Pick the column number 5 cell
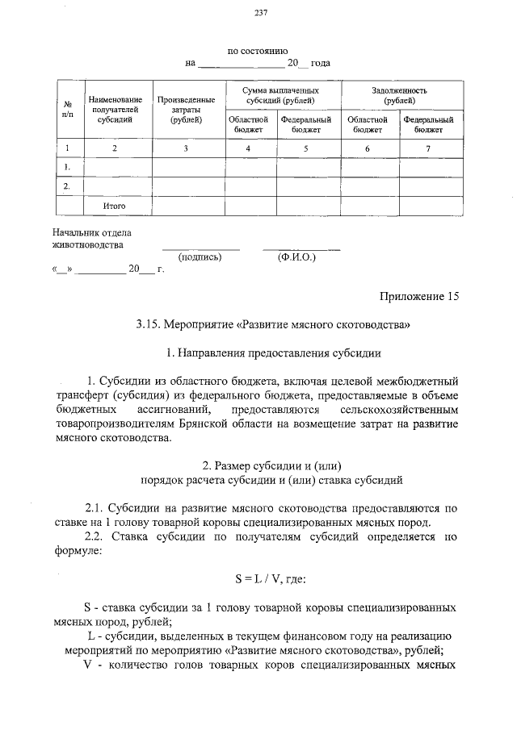(306, 148)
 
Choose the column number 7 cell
(429, 148)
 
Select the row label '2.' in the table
(67, 186)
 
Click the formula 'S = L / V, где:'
(269, 578)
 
